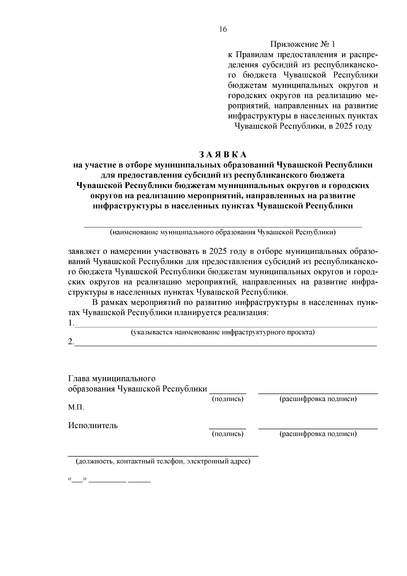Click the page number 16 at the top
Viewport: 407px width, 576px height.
pos(222,29)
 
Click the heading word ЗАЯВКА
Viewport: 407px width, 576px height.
pos(223,154)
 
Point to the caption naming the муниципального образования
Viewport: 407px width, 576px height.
pos(222,233)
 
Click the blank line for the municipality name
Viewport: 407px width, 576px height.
pos(222,226)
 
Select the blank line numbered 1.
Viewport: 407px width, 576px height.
pos(225,326)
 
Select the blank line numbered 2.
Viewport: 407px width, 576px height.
pos(225,345)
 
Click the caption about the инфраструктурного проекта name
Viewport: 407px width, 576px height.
pos(223,332)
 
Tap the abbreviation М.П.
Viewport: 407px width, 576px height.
pos(76,407)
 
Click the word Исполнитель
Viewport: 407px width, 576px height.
pos(93,425)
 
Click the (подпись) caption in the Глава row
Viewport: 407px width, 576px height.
pos(228,399)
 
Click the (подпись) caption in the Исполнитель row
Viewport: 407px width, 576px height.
pos(228,434)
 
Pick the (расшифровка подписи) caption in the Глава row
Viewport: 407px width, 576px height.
pos(318,399)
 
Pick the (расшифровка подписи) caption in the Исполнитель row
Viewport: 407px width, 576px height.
pos(318,434)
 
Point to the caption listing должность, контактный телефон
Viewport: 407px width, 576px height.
pos(163,462)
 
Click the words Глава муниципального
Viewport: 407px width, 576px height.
pos(112,378)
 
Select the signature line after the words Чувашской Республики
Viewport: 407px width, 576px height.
pos(227,393)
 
